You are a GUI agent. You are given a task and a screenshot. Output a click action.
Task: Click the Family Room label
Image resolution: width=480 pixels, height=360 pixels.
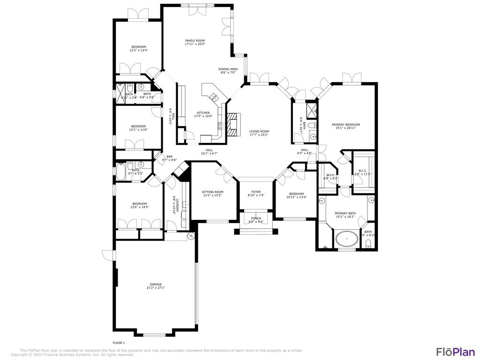tap(195, 41)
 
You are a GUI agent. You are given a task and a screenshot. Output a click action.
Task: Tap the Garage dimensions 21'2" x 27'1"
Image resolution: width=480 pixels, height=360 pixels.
tap(156, 288)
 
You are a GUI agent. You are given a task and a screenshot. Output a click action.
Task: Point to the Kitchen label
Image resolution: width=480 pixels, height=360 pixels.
tap(203, 113)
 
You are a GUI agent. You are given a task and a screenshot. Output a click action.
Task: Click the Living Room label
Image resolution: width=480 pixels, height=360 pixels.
tap(259, 131)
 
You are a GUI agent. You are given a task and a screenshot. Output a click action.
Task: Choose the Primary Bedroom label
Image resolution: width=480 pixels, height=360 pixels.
tap(346, 125)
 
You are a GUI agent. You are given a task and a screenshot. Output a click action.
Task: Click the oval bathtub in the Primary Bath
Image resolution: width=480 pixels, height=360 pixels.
tap(347, 239)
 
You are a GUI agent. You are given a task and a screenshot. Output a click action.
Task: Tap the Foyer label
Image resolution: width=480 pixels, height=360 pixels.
tap(255, 192)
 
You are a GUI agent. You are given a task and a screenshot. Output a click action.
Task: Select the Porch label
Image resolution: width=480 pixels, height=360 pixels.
tap(256, 218)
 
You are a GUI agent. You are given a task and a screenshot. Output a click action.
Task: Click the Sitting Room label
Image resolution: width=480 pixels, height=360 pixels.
tap(212, 192)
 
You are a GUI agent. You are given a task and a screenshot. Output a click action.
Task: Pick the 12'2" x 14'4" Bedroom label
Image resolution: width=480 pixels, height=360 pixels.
tap(139, 47)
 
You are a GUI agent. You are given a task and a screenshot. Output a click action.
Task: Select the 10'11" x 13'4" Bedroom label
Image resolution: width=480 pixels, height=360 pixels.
tap(296, 194)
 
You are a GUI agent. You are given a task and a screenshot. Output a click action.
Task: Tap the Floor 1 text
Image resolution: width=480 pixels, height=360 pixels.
tap(119, 343)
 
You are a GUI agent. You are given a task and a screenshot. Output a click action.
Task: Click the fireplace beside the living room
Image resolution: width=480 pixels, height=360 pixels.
tap(233, 123)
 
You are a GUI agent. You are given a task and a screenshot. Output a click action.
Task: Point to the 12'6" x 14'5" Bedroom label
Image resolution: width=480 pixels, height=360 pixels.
tap(139, 203)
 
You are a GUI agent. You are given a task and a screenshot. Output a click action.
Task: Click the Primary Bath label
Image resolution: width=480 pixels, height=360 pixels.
tap(345, 213)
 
